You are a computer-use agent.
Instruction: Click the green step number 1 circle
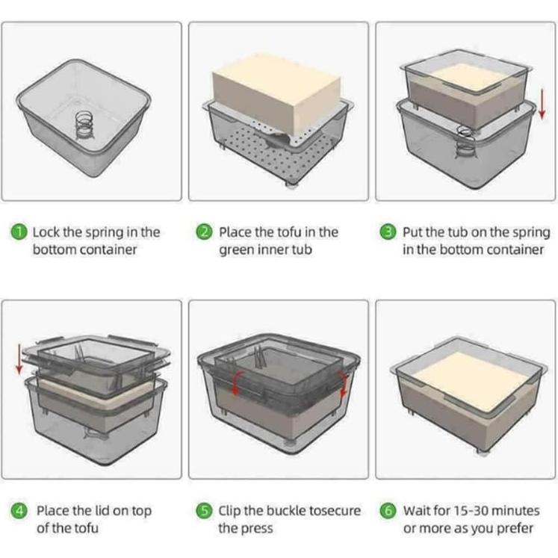pyautogui.click(x=19, y=232)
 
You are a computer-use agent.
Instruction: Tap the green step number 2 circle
pyautogui.click(x=205, y=232)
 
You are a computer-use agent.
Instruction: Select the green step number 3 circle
pyautogui.click(x=388, y=232)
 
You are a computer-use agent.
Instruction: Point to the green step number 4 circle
pyautogui.click(x=19, y=511)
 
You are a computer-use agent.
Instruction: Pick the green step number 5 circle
pyautogui.click(x=205, y=511)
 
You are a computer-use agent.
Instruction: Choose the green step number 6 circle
pyautogui.click(x=388, y=511)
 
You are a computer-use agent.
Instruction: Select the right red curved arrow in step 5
pyautogui.click(x=344, y=384)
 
